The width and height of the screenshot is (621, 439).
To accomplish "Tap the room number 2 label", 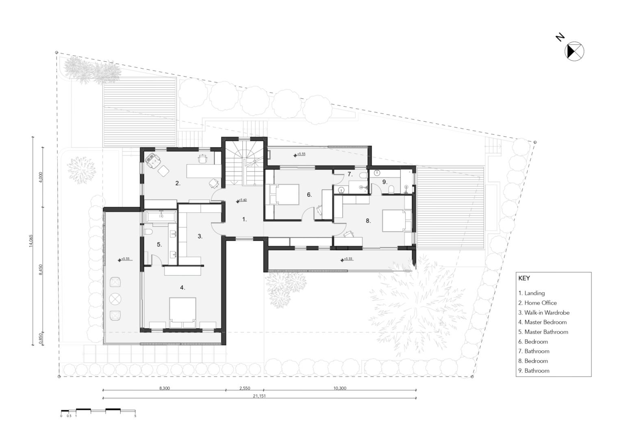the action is tap(178, 183).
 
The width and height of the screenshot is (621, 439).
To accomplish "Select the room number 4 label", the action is tap(182, 287).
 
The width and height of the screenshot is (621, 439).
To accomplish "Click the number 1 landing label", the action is tap(244, 219).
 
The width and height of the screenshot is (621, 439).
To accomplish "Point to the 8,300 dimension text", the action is tap(165, 388).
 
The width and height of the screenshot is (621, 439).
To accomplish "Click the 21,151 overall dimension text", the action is tap(259, 396).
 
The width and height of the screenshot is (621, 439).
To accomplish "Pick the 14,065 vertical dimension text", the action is tap(31, 241).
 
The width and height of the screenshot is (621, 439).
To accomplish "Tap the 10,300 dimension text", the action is tap(340, 388).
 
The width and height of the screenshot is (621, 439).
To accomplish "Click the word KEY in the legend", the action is tap(524, 278).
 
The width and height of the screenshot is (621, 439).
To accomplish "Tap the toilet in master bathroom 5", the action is tap(148, 232).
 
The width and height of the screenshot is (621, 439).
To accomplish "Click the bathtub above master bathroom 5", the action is tap(161, 217).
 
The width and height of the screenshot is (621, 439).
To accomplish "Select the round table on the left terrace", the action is tap(115, 299).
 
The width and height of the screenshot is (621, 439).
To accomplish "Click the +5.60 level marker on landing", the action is tap(241, 200).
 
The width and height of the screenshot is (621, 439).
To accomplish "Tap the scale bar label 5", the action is tap(135, 416).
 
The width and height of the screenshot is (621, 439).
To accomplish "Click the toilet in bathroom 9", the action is tap(391, 189).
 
